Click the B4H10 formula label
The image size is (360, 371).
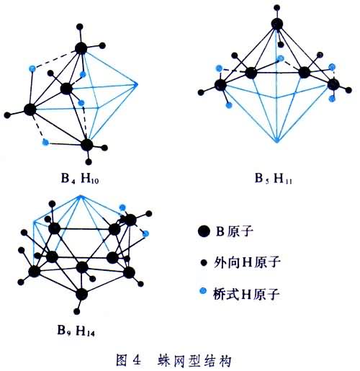click(x=80, y=179)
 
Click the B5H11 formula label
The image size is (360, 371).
click(x=274, y=179)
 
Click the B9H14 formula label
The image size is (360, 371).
click(x=76, y=330)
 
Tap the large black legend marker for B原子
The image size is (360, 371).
click(x=204, y=231)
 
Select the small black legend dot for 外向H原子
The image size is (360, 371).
click(x=204, y=263)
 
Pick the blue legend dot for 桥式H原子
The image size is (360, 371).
click(x=203, y=291)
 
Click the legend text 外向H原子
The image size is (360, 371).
click(x=247, y=262)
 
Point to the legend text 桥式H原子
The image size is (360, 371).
click(x=246, y=294)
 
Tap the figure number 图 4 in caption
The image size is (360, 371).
click(x=128, y=360)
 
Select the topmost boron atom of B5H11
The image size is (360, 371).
click(x=277, y=24)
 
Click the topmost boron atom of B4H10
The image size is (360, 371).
click(x=81, y=48)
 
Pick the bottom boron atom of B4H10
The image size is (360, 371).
click(x=86, y=145)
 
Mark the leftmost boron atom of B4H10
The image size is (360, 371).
click(x=30, y=109)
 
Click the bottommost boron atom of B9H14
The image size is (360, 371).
click(x=81, y=295)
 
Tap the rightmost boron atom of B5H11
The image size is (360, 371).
click(x=333, y=84)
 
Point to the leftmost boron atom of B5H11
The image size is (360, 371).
click(x=220, y=85)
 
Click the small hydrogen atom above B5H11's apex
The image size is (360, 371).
click(x=277, y=7)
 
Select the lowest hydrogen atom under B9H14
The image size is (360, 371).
click(x=77, y=311)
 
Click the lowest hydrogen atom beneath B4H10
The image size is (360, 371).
click(x=89, y=162)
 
